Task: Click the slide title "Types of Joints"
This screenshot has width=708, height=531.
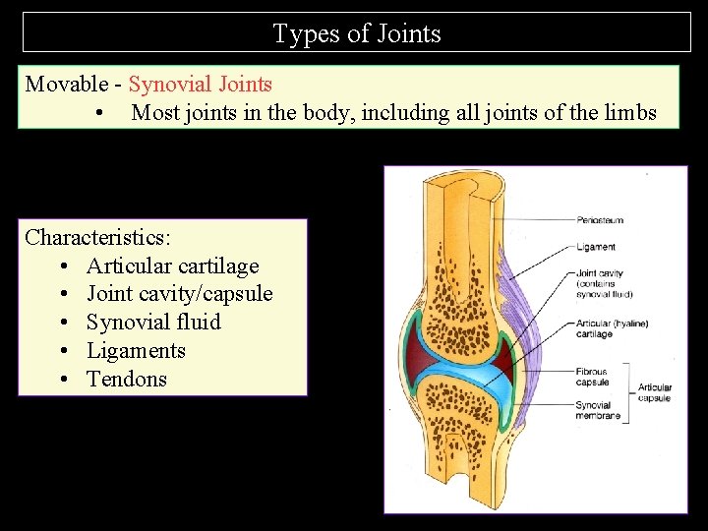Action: [356, 33]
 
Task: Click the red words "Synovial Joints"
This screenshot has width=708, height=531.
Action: [200, 84]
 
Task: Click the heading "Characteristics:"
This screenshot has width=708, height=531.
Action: [98, 237]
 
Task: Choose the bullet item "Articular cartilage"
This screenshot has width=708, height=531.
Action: [172, 265]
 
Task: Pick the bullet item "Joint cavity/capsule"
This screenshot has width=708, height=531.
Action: [179, 294]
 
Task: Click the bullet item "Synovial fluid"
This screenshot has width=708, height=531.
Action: [153, 322]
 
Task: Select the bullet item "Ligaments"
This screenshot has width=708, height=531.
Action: [136, 350]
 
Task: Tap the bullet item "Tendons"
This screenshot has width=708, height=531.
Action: [127, 379]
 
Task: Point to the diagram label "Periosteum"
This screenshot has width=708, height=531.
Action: [601, 220]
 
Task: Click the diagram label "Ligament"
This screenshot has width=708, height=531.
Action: [597, 247]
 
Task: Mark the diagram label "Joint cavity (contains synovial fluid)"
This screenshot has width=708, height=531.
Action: [604, 283]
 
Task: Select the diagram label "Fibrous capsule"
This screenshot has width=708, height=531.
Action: [592, 378]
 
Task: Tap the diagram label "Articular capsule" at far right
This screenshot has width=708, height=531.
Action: [655, 393]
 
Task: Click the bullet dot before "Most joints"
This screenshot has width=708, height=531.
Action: [101, 113]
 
